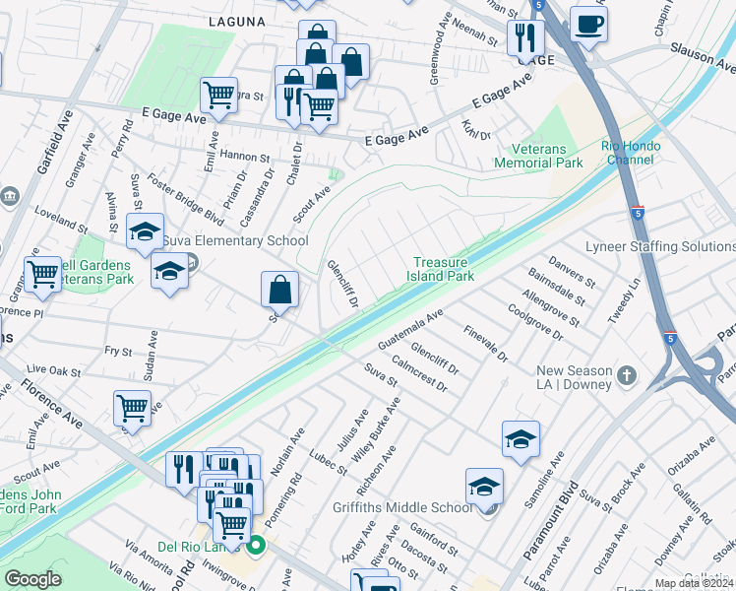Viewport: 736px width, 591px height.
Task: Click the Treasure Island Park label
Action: click(x=443, y=269)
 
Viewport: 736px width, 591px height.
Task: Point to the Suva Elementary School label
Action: click(x=235, y=241)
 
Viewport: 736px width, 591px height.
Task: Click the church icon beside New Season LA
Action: click(x=627, y=375)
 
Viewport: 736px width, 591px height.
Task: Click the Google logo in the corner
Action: click(x=32, y=578)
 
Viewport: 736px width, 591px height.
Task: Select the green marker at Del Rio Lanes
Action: click(x=257, y=545)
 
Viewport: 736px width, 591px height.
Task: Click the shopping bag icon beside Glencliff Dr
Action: click(x=280, y=290)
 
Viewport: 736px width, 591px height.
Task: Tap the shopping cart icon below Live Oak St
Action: click(x=133, y=407)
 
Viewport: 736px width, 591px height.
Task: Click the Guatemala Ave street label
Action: click(x=411, y=329)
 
